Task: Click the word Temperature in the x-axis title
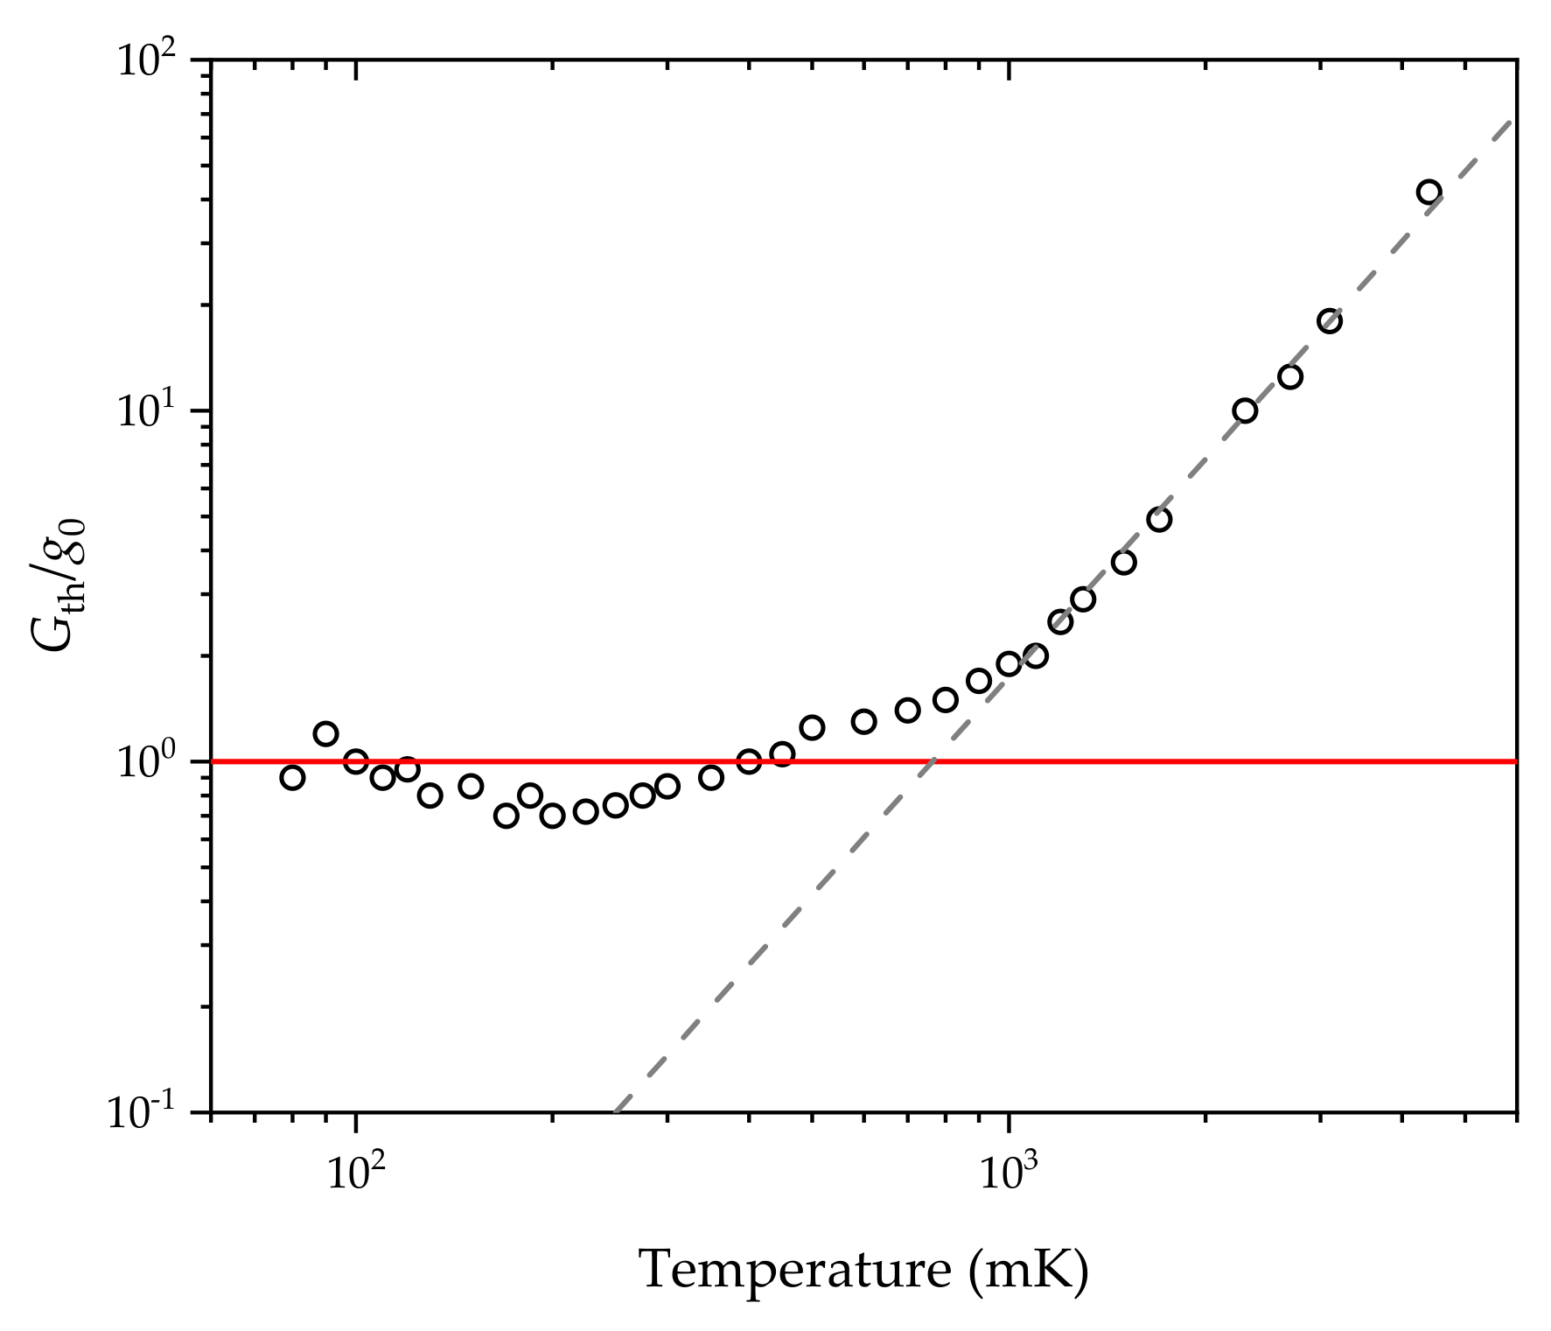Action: click(795, 1271)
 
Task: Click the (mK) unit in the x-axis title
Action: click(1029, 1271)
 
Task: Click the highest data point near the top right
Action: click(1429, 193)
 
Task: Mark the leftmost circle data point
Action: click(292, 777)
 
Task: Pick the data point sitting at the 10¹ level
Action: click(1245, 410)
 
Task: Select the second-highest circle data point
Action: click(1330, 321)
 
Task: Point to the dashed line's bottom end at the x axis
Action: click(615, 1112)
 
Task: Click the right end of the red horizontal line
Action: click(1515, 762)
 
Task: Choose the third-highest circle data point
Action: click(1290, 377)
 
